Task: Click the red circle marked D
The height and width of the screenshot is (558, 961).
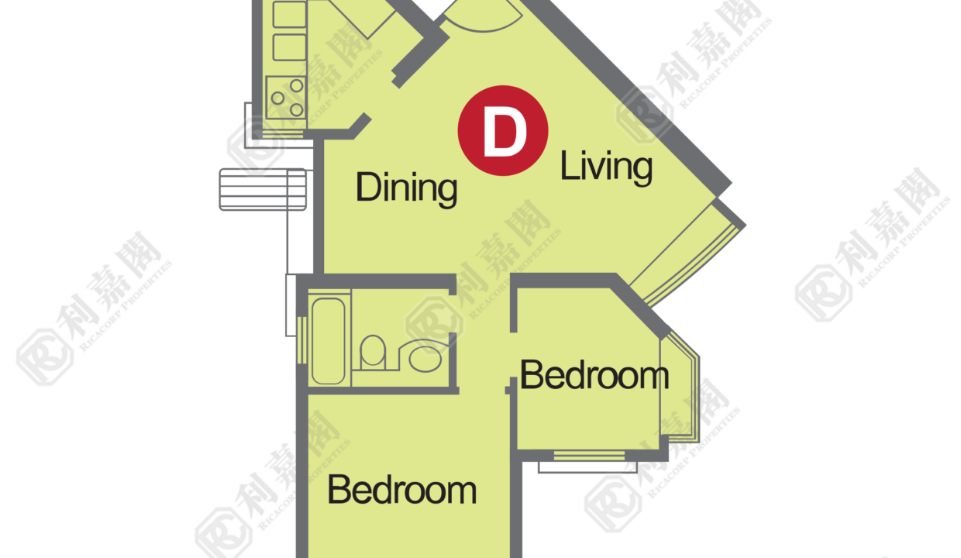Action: pyautogui.click(x=503, y=130)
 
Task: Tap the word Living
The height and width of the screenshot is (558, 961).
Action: pyautogui.click(x=606, y=167)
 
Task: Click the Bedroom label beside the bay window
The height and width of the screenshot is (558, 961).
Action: pyautogui.click(x=594, y=375)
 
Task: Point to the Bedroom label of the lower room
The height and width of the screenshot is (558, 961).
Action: pyautogui.click(x=402, y=490)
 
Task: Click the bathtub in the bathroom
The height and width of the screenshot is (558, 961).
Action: pyautogui.click(x=328, y=342)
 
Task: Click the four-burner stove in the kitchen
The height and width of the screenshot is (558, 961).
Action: pyautogui.click(x=286, y=98)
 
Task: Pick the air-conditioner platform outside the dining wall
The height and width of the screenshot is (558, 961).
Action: pyautogui.click(x=263, y=190)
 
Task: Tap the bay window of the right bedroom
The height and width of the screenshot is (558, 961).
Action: pyautogui.click(x=680, y=388)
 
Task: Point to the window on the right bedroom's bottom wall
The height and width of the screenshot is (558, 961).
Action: pyautogui.click(x=589, y=455)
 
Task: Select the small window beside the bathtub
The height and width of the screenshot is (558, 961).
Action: pyautogui.click(x=302, y=340)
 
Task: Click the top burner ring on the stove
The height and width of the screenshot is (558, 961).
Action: pyautogui.click(x=297, y=86)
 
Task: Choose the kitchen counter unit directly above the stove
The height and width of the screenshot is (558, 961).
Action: pyautogui.click(x=290, y=47)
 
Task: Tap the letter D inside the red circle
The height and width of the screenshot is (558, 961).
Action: pyautogui.click(x=505, y=131)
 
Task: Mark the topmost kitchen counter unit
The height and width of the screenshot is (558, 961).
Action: pyautogui.click(x=290, y=14)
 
